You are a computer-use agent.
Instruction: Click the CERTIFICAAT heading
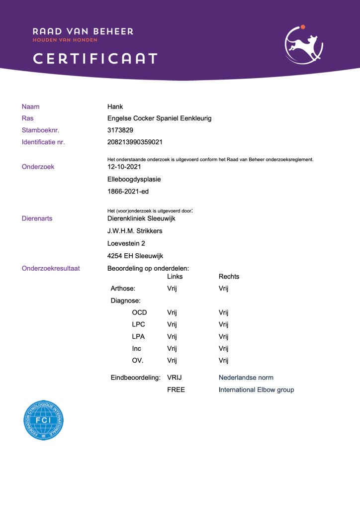[x=95, y=59]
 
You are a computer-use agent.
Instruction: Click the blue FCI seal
[x=44, y=420]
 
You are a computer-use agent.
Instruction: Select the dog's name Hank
[x=115, y=106]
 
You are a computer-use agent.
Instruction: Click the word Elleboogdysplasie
[x=134, y=179]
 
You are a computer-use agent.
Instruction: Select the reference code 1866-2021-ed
[x=127, y=191]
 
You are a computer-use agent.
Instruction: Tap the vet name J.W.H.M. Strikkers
[x=135, y=231]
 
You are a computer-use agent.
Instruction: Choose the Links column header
[x=175, y=277]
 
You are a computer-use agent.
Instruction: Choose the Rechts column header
[x=229, y=277]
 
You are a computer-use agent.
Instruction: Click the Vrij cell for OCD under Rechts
[x=223, y=312]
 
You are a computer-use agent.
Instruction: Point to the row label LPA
[x=139, y=336]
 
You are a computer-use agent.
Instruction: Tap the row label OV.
[x=138, y=360]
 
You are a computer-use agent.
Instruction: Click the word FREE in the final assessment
[x=176, y=390]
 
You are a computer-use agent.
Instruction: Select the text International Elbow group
[x=256, y=390]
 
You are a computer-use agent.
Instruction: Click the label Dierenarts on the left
[x=37, y=218]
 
